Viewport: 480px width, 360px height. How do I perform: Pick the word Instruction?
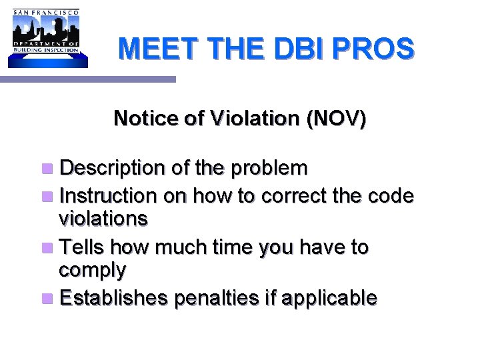click(107, 196)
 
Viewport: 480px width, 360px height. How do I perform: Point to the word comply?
click(93, 271)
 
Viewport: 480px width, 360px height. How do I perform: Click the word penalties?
click(216, 298)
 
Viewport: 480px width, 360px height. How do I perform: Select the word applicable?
click(329, 299)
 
